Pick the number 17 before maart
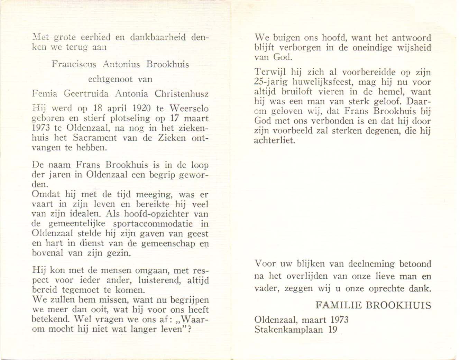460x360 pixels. (175, 118)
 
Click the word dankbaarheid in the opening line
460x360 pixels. (157, 37)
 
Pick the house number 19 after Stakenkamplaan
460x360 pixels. (332, 330)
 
